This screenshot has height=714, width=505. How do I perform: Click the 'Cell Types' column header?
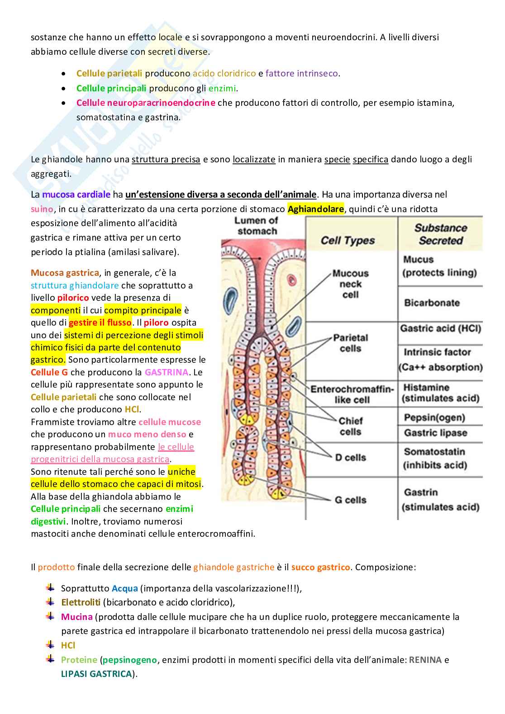click(348, 241)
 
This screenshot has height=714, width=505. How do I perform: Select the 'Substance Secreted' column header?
click(440, 234)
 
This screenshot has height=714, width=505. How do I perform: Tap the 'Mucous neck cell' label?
click(351, 284)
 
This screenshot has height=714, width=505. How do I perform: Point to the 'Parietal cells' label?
click(351, 343)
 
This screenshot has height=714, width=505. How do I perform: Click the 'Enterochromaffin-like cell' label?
click(352, 394)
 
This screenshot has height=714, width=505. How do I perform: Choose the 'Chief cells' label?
click(351, 426)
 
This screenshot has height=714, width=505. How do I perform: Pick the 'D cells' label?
click(351, 458)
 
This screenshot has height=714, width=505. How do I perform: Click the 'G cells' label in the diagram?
click(350, 500)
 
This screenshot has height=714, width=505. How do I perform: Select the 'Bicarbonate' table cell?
click(432, 303)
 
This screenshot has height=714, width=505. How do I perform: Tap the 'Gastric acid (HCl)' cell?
click(440, 328)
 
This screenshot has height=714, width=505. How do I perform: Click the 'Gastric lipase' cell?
click(435, 433)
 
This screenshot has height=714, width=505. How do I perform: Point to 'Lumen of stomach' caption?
click(257, 226)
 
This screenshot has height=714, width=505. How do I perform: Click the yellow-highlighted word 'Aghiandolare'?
click(315, 209)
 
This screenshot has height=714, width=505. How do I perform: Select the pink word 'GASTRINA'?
click(167, 372)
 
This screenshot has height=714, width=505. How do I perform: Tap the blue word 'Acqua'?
click(124, 588)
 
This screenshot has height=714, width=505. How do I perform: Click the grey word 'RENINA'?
click(425, 660)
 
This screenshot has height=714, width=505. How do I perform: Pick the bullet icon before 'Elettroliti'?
click(50, 602)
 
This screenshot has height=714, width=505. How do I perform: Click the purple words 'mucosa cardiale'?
click(76, 194)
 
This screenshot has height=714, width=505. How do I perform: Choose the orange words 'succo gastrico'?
click(320, 567)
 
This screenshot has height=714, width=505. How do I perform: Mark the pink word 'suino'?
click(42, 209)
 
